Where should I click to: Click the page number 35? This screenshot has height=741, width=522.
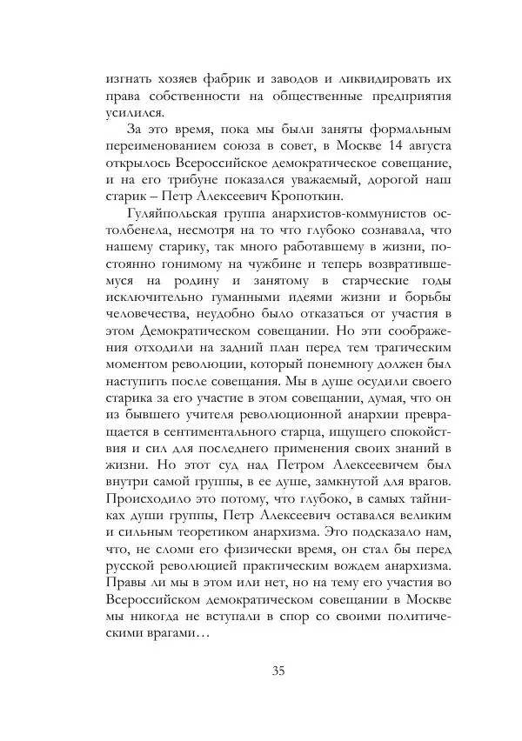[x=278, y=670]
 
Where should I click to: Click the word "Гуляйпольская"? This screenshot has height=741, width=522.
[x=177, y=211]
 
